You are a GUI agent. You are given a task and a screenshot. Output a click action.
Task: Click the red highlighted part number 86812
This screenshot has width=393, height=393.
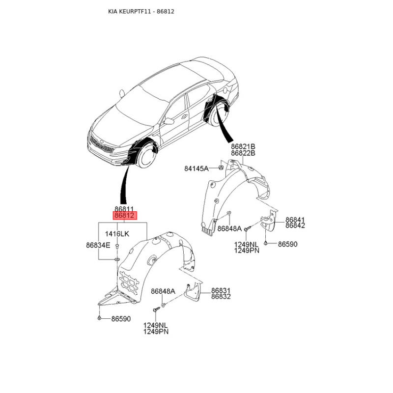coord(124,215)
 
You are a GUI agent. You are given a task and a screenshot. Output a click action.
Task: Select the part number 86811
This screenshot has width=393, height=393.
coord(124,208)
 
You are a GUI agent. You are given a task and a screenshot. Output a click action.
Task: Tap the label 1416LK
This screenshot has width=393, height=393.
coord(118,234)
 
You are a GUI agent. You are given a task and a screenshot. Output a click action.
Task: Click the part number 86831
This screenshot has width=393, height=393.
coord(221,290)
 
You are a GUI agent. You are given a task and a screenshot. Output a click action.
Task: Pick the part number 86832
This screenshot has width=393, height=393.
coord(221,297)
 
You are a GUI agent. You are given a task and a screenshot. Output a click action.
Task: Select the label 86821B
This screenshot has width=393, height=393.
coord(244,146)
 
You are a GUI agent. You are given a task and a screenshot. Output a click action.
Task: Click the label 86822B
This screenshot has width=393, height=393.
coord(244,153)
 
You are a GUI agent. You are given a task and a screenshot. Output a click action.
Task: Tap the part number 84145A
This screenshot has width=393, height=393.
coord(196,168)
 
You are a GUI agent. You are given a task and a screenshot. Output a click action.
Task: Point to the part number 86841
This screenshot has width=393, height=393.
coord(295,219)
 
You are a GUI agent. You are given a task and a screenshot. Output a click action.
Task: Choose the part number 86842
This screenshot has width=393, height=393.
coord(295,225)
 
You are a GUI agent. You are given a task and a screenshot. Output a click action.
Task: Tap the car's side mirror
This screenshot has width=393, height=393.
coord(170,121)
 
